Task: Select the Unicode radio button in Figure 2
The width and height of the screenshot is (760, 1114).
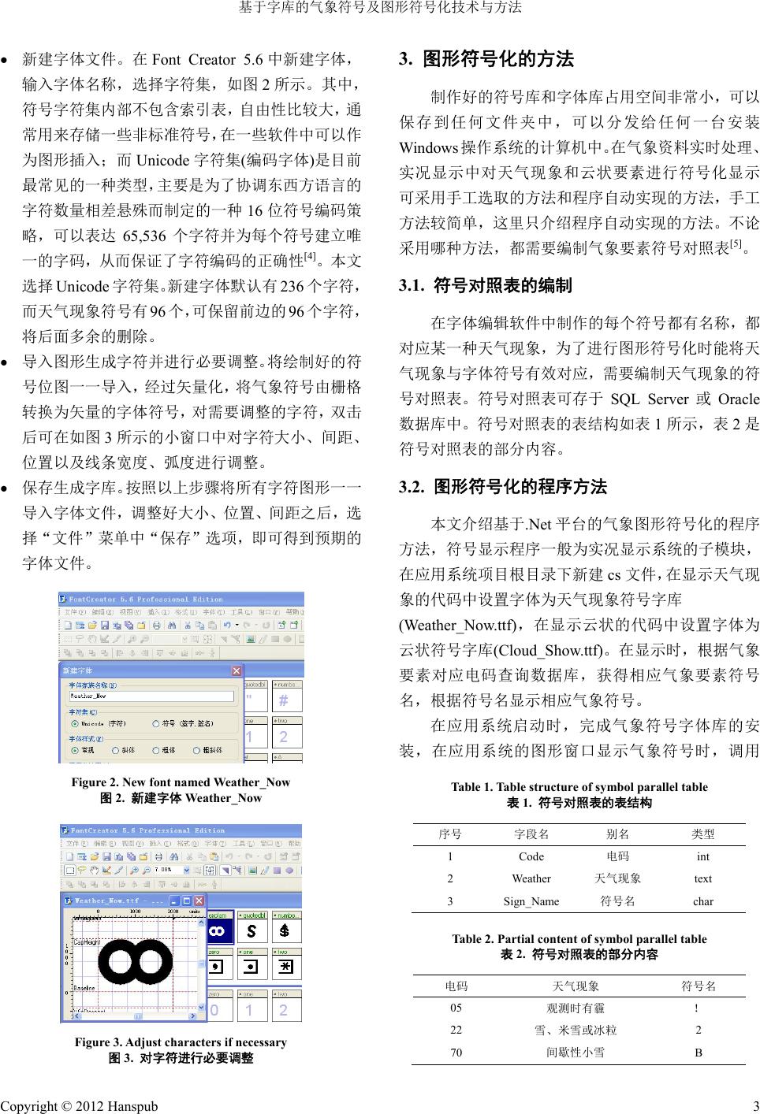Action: pos(75,723)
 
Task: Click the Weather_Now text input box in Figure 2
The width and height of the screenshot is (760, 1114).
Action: pos(151,696)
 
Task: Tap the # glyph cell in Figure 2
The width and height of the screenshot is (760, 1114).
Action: pos(285,700)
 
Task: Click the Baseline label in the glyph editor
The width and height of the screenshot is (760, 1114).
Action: pos(84,988)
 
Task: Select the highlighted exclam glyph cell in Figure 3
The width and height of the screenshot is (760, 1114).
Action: pos(219,931)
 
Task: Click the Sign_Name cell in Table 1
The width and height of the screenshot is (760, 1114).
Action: pos(531,901)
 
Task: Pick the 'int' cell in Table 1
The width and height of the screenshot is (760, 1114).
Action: pos(703,856)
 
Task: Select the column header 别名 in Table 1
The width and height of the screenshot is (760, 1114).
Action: pos(617,834)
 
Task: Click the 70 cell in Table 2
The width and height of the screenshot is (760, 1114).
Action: pos(456,1052)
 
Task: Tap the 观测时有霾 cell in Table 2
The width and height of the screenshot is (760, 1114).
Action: pos(576,1008)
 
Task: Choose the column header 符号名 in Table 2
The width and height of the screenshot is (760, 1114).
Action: pos(699,986)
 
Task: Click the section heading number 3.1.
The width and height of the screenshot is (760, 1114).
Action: pos(413,285)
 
